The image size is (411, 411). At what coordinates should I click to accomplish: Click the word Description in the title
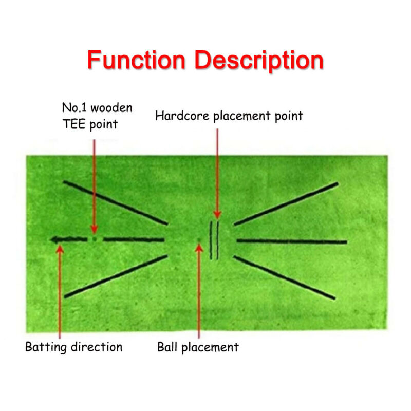pos(260,61)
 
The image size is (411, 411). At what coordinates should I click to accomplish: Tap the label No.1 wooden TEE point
pos(97,116)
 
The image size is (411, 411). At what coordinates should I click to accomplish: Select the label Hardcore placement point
pos(229,116)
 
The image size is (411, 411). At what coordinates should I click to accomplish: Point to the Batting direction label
pos(73,347)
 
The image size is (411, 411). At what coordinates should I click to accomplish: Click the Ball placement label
pos(198,347)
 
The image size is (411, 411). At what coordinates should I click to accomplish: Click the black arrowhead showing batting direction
pos(55,239)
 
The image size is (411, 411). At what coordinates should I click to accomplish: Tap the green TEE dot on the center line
pos(94,239)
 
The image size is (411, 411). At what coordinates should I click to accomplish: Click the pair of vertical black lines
pos(214,240)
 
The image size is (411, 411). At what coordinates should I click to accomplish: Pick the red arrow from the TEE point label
pos(94,185)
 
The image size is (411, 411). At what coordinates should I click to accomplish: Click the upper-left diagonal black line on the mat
pos(116,202)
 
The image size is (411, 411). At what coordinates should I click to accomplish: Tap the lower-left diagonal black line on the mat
pos(116,276)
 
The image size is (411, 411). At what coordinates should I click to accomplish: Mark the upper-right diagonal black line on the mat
pos(286,203)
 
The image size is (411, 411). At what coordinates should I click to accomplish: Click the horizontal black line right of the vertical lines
pos(291,241)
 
